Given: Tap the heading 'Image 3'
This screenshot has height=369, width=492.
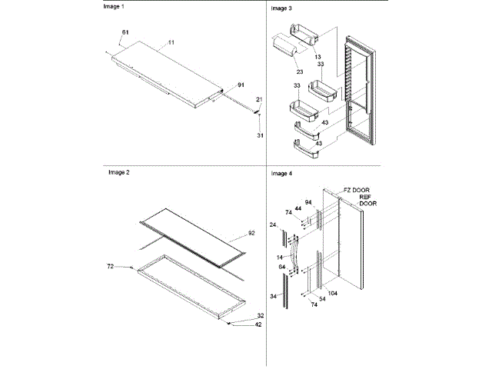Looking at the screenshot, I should pyautogui.click(x=281, y=8).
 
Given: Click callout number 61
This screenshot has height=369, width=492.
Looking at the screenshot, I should pyautogui.click(x=125, y=32).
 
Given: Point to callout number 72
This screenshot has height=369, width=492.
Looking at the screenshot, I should pyautogui.click(x=110, y=266).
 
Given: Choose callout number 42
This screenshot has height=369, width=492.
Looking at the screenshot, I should pyautogui.click(x=259, y=324).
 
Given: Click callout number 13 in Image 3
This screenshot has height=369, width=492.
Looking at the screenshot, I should pyautogui.click(x=317, y=56).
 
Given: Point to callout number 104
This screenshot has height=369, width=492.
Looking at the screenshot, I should pyautogui.click(x=332, y=294).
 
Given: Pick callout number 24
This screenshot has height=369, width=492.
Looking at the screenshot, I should pyautogui.click(x=273, y=225).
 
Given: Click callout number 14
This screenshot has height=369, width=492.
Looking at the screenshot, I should pyautogui.click(x=281, y=255).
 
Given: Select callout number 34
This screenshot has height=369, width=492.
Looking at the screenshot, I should pyautogui.click(x=273, y=295).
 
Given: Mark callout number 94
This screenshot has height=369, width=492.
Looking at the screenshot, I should pyautogui.click(x=308, y=202).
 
